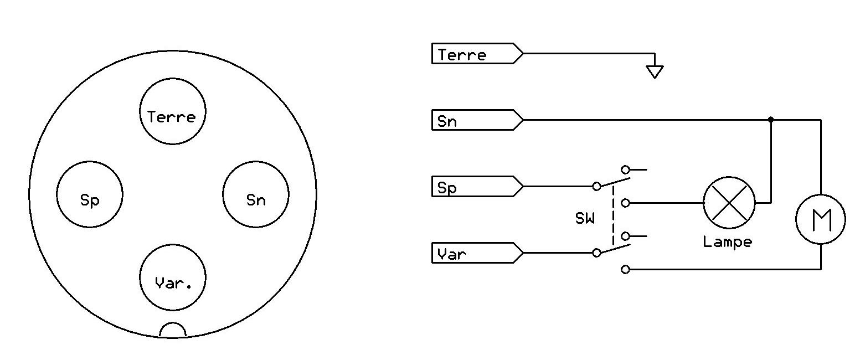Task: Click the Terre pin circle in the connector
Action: [172, 111]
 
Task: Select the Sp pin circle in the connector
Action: [90, 194]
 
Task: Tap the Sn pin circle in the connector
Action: [255, 194]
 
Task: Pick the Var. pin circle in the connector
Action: [172, 277]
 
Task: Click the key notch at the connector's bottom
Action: [172, 330]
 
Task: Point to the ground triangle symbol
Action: [655, 71]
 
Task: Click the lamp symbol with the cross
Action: [729, 203]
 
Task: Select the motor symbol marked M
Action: [820, 220]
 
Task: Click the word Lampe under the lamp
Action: [727, 243]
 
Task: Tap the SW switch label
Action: [585, 219]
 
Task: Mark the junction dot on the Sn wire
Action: [771, 120]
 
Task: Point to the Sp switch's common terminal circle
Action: [596, 187]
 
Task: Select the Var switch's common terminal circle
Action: [596, 253]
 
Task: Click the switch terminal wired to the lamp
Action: [625, 203]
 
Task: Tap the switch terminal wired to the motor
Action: [625, 270]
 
